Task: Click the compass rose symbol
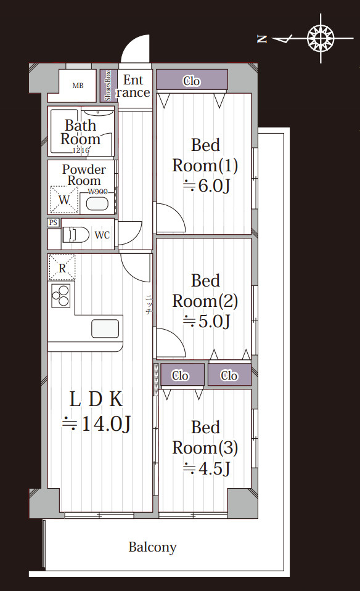click(321, 38)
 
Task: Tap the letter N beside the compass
click(261, 38)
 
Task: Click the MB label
click(78, 86)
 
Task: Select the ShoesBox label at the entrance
click(108, 85)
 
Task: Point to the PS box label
click(53, 222)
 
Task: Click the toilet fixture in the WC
click(75, 234)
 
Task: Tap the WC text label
click(102, 235)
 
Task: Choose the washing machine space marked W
click(63, 200)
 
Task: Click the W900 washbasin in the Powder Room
click(97, 203)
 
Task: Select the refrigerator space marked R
click(62, 267)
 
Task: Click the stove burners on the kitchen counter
click(60, 296)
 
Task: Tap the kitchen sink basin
click(105, 328)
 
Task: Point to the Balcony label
click(152, 547)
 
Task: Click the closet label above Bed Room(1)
click(192, 81)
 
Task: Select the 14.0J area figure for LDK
click(97, 425)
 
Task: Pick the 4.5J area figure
click(207, 468)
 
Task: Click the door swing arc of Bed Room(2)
click(178, 337)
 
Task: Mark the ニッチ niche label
click(149, 304)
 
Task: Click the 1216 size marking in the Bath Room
click(81, 150)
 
